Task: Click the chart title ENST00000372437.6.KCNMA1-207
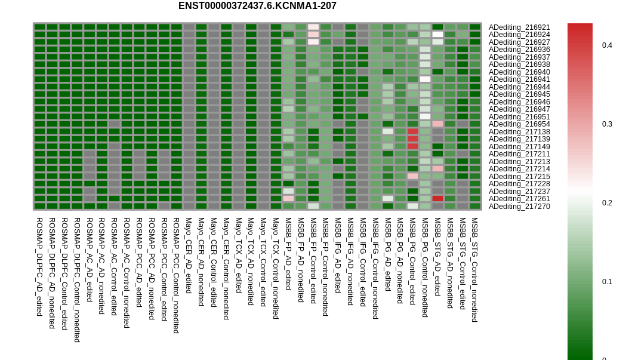point(257,5)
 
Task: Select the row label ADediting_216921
point(519,27)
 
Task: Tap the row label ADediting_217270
point(519,207)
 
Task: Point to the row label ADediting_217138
point(519,132)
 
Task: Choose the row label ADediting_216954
point(519,124)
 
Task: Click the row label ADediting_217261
point(519,199)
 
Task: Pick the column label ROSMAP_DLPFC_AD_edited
point(39,266)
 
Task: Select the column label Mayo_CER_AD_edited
point(189,256)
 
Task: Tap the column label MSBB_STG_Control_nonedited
point(475,270)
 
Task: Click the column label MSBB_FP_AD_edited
point(288,254)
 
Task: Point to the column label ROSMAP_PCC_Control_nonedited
point(176,275)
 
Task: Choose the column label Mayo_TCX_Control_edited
point(263,262)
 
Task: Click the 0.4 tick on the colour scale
point(607,45)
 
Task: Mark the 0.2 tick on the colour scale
point(607,203)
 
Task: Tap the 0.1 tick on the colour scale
point(607,282)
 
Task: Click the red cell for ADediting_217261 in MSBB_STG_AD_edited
point(437,199)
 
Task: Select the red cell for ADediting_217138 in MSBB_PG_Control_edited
point(413,131)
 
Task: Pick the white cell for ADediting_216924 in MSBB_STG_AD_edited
point(437,35)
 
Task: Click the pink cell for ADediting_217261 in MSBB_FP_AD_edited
point(288,199)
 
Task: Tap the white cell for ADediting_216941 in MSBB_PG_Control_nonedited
point(426,79)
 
